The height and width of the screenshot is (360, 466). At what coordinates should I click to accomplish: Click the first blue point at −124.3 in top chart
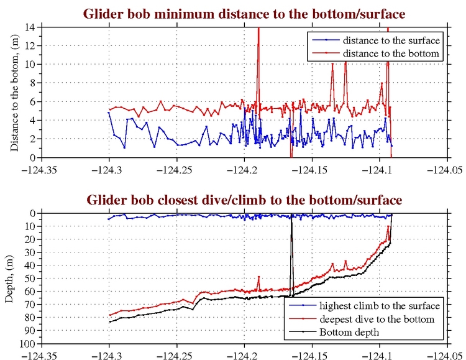109,113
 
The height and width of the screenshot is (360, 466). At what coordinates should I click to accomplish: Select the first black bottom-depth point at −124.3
109,322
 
